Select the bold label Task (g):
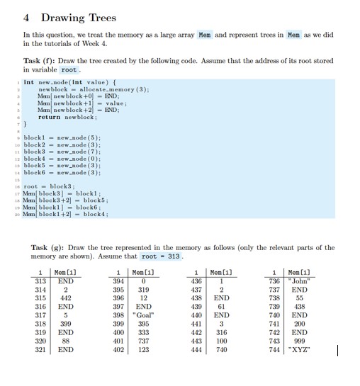tap(49, 247)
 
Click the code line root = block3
tap(51, 186)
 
